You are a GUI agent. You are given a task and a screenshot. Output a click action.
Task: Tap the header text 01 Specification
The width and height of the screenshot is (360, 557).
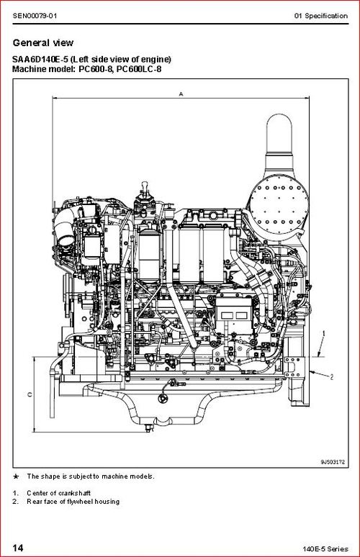pyautogui.click(x=323, y=16)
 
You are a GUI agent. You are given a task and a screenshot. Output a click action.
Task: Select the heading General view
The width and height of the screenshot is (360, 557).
pyautogui.click(x=43, y=43)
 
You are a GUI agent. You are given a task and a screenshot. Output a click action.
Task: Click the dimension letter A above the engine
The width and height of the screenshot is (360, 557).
pyautogui.click(x=180, y=93)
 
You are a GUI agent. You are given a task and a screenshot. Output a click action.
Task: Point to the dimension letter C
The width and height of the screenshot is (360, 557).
pyautogui.click(x=29, y=394)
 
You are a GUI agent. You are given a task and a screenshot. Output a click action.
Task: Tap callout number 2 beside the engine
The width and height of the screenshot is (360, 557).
pyautogui.click(x=332, y=376)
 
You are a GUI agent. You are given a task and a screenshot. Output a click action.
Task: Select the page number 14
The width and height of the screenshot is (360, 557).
pyautogui.click(x=17, y=548)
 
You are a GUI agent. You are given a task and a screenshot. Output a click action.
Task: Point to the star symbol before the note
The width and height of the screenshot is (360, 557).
pyautogui.click(x=16, y=476)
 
